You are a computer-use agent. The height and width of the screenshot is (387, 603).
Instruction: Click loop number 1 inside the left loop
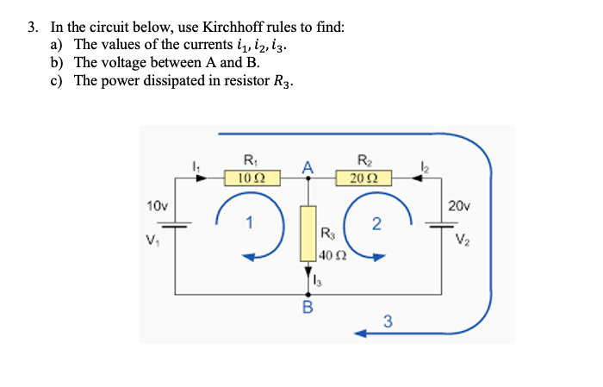point(249,225)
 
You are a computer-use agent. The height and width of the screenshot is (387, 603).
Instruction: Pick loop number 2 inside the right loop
point(376,225)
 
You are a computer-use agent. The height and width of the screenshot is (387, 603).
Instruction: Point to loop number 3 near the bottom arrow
point(388,322)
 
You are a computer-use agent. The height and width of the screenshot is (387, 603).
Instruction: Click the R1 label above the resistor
point(250,159)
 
